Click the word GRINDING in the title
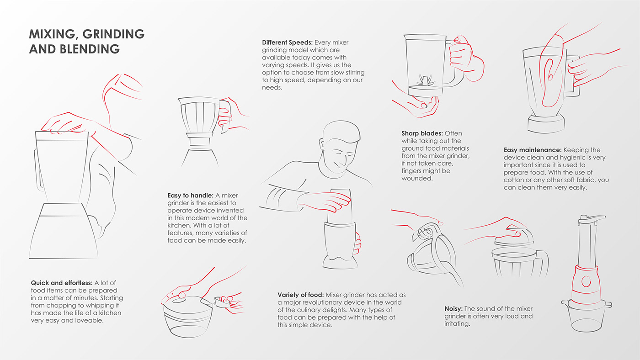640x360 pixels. [x=113, y=34]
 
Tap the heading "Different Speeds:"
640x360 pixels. [x=287, y=42]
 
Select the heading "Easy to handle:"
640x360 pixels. [x=190, y=196]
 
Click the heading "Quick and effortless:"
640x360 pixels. [x=62, y=283]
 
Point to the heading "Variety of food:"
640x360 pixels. [x=301, y=295]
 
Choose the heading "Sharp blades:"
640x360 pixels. [x=422, y=133]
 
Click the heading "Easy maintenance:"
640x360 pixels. [x=533, y=150]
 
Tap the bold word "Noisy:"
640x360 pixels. [x=453, y=309]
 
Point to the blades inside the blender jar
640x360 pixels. [x=425, y=80]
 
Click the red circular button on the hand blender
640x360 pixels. [x=586, y=281]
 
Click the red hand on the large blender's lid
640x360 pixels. [x=67, y=123]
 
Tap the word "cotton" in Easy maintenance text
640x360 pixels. [x=513, y=180]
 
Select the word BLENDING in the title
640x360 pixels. [x=90, y=49]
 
